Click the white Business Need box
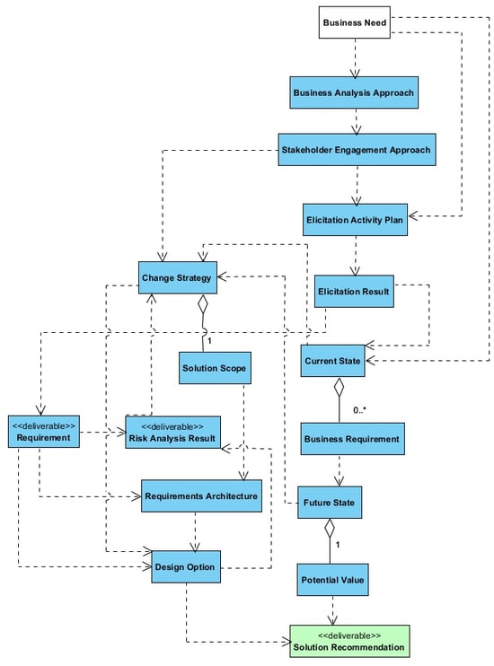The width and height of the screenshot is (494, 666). point(354,22)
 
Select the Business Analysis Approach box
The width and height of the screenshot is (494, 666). point(354,92)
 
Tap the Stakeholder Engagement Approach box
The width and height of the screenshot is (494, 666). point(357,150)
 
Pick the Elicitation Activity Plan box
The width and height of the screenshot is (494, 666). point(355,220)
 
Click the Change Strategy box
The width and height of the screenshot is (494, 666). point(177,277)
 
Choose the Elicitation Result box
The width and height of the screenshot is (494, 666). point(354,292)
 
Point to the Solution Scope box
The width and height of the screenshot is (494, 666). point(215,368)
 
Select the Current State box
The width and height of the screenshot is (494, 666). point(332,361)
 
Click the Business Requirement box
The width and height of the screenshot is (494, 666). point(352,439)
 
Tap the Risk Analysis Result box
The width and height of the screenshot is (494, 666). point(172,433)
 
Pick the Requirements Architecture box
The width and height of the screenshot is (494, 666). point(201,496)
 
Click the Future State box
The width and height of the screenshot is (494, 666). point(330,503)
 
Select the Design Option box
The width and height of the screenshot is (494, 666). point(186,567)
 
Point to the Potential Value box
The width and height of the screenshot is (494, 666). point(332,580)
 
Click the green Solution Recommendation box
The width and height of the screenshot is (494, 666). point(349,642)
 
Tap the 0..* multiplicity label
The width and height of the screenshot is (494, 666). point(359,410)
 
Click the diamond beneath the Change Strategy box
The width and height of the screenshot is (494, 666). point(203,304)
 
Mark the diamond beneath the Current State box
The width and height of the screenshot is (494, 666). point(339,387)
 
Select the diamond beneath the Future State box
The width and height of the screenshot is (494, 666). point(330,529)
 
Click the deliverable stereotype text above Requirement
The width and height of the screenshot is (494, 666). point(44,426)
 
